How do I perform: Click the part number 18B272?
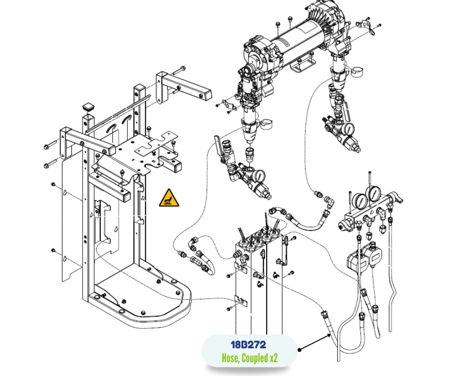tap(248, 345)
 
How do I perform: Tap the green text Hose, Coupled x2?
tap(250, 358)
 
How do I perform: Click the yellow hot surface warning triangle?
tap(169, 198)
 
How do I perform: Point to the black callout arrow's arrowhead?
tap(329, 335)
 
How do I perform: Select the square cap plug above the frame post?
tap(89, 107)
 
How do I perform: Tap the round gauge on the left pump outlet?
tap(259, 176)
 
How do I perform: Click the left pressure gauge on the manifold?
tap(360, 202)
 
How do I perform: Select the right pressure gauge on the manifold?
tap(374, 194)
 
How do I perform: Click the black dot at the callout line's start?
tap(299, 350)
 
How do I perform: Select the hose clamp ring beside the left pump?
tap(267, 124)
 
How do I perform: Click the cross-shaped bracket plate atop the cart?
tap(156, 147)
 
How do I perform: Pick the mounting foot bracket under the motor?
tap(303, 64)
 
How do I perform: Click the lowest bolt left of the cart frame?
tap(53, 251)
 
